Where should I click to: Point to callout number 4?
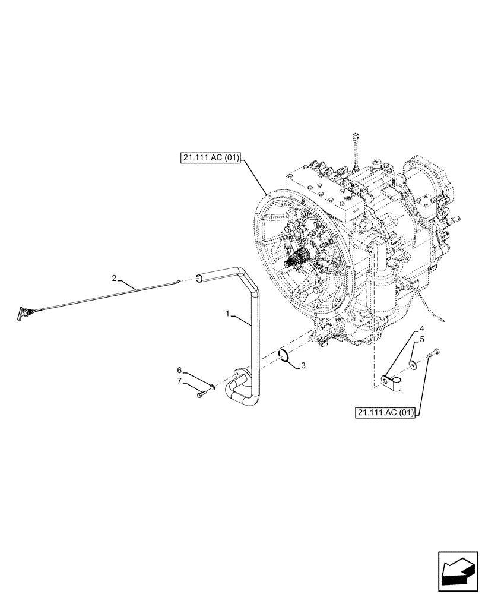click(422, 328)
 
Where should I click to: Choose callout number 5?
click(422, 340)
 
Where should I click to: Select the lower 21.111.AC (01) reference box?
click(388, 411)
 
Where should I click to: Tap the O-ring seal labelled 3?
click(284, 356)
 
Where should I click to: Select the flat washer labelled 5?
click(411, 362)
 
